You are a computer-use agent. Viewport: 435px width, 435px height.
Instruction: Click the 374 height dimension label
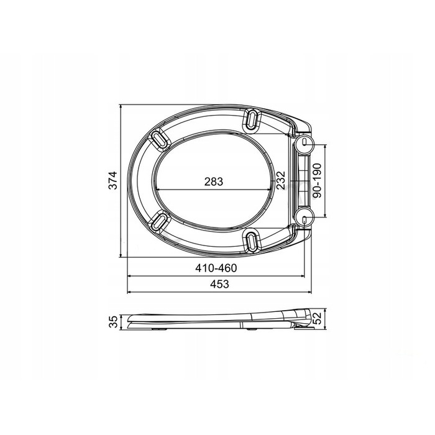[x=113, y=181]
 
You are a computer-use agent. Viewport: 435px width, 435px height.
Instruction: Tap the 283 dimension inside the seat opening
[x=214, y=181]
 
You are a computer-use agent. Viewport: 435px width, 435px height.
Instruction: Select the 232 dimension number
[x=280, y=180]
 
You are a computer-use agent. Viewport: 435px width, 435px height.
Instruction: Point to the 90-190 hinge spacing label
[x=316, y=180]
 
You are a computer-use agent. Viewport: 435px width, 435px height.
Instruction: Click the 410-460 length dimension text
[x=216, y=268]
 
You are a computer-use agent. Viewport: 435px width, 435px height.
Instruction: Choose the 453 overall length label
[x=219, y=284]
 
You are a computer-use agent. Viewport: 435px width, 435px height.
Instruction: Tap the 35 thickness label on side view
[x=113, y=322]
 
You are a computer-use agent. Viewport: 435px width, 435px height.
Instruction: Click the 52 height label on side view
[x=317, y=318]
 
